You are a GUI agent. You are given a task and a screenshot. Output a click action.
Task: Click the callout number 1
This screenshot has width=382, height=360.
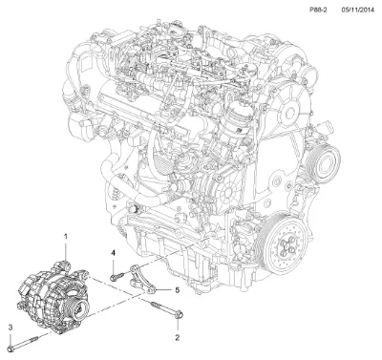[x=66, y=237]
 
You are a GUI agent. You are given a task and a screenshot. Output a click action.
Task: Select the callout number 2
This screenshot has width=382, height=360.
[x=178, y=337]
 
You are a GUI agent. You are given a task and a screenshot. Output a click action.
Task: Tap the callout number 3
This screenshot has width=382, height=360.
[x=11, y=328]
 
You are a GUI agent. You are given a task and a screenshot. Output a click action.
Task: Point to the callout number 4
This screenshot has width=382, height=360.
[x=113, y=253]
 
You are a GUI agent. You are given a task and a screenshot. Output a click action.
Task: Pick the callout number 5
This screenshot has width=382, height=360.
[x=178, y=290]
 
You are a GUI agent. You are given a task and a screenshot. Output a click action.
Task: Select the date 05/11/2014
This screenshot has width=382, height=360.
[x=356, y=10]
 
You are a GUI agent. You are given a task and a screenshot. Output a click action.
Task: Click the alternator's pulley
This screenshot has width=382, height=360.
[x=79, y=308]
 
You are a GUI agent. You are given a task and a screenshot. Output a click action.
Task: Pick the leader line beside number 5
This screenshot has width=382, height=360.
[x=164, y=290]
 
